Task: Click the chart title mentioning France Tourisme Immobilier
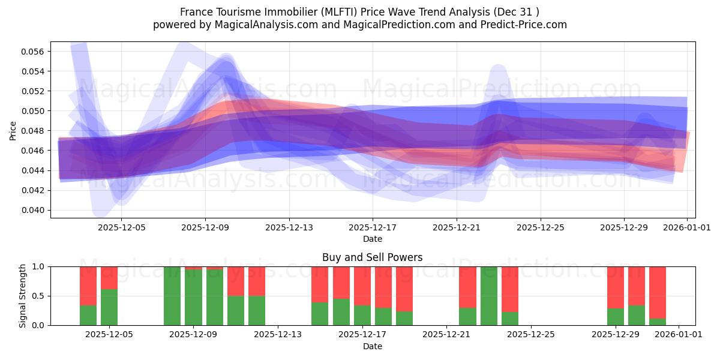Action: pos(359,12)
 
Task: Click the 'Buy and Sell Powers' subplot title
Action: pos(372,257)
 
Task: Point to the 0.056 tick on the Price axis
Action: pos(32,52)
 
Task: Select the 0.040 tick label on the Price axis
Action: pos(32,210)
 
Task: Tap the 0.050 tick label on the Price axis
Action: pos(32,111)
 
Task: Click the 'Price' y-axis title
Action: pos(13,130)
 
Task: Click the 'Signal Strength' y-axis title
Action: pos(23,295)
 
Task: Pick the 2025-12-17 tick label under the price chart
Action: pos(373,228)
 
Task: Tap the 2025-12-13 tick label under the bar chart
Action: pos(278,335)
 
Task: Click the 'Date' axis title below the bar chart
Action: pos(372,346)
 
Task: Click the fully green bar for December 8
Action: pos(172,296)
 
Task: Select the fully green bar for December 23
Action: pos(489,296)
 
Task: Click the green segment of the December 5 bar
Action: pos(109,307)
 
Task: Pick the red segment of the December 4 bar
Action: pos(88,286)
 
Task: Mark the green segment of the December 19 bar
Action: pos(404,318)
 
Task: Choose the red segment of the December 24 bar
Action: pos(510,289)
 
